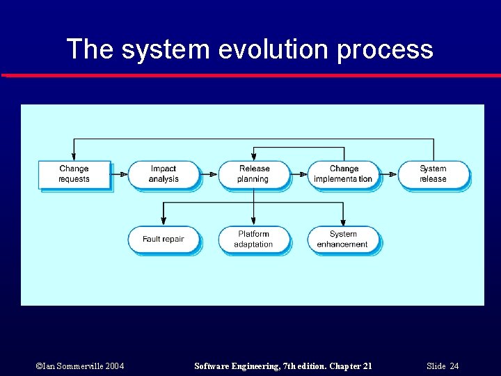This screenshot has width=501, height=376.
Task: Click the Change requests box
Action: tap(74, 174)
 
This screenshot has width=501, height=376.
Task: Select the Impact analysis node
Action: tap(163, 174)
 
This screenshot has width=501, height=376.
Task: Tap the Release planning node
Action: tap(253, 174)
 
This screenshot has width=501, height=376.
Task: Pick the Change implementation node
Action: tap(343, 174)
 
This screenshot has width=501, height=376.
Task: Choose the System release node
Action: tap(433, 174)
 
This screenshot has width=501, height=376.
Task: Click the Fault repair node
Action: tap(163, 240)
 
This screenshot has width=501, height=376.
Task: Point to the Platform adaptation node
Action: tap(253, 240)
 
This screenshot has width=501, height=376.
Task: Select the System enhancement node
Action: tap(343, 240)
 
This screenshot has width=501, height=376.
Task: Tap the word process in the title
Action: tap(385, 49)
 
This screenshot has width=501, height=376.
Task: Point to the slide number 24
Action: tap(454, 366)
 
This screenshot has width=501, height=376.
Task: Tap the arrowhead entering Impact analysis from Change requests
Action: tap(125, 174)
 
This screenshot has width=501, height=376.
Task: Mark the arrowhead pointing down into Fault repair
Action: tap(163, 223)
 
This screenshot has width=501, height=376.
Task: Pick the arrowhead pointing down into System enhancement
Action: tap(343, 223)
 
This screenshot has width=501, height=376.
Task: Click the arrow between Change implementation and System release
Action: tap(389, 174)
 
